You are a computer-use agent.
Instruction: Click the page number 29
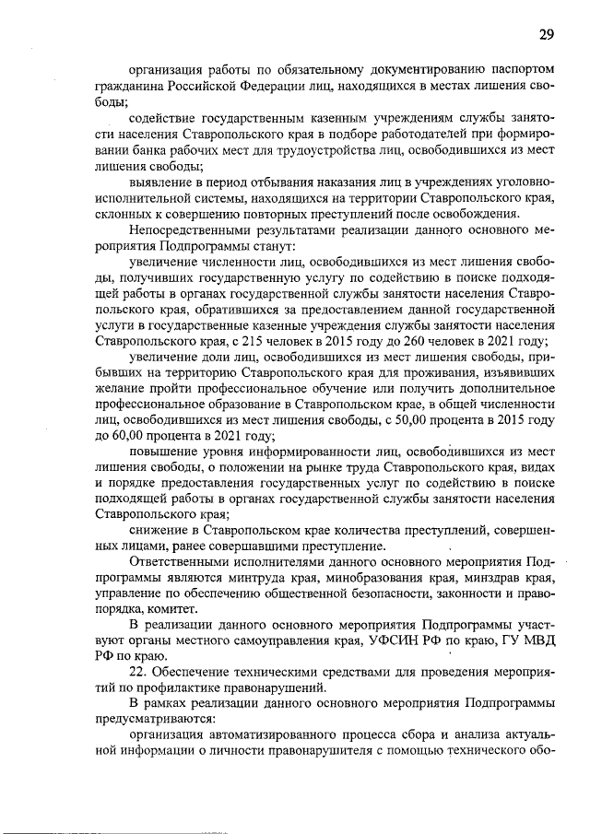click(547, 34)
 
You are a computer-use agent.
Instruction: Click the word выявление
click(159, 182)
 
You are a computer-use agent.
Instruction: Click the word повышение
click(163, 452)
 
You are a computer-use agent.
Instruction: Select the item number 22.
click(138, 673)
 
